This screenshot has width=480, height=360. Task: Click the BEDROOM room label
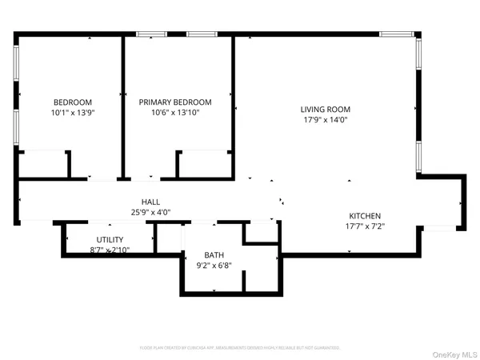click(x=73, y=102)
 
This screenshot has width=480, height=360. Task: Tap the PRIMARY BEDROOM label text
click(x=175, y=102)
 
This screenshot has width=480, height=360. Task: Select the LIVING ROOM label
click(x=326, y=110)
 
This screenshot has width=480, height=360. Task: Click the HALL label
click(x=151, y=202)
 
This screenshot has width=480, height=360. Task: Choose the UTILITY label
click(x=110, y=240)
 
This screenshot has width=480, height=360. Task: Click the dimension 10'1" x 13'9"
click(x=73, y=113)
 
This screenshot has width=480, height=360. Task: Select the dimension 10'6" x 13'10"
click(x=175, y=113)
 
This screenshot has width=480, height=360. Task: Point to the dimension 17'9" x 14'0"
click(x=326, y=120)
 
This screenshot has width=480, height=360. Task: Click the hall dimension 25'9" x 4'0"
click(x=151, y=213)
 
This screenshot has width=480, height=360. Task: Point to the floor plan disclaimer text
click(x=239, y=348)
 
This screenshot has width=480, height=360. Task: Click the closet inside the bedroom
click(x=44, y=165)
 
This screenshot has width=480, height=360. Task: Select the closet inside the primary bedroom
click(x=204, y=165)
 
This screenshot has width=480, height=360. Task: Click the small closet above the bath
click(x=260, y=232)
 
